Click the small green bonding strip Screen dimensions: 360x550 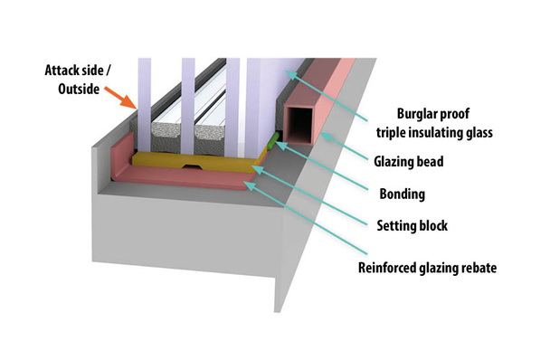coord(271,141)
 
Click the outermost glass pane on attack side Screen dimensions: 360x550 coord(142,90)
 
